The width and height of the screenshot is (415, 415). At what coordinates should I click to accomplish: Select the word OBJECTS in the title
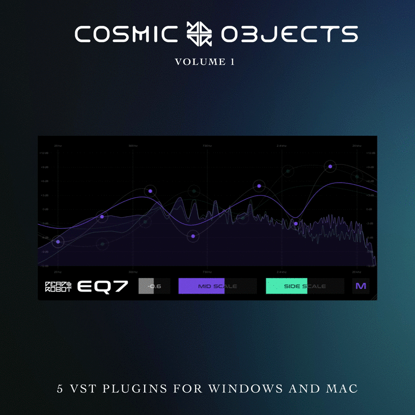(x=289, y=35)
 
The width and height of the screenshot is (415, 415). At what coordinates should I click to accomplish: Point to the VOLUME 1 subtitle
(x=205, y=62)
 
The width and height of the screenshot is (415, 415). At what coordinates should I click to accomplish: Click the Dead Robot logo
(x=58, y=286)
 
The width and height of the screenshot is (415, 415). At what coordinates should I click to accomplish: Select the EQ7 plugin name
(x=102, y=286)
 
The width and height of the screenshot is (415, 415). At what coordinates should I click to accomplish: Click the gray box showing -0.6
(x=154, y=286)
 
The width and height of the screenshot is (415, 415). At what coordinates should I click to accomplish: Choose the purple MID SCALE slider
(x=217, y=286)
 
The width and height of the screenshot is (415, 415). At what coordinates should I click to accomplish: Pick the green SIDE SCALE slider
(x=305, y=286)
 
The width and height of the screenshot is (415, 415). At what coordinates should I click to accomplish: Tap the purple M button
(x=361, y=286)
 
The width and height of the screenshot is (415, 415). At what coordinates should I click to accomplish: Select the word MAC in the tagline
(x=342, y=389)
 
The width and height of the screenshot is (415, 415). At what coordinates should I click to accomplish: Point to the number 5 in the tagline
(x=60, y=389)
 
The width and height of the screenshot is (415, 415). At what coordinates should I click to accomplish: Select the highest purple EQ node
(x=330, y=166)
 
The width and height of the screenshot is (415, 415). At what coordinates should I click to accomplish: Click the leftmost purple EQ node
(x=58, y=242)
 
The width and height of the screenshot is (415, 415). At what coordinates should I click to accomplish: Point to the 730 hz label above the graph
(x=206, y=146)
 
